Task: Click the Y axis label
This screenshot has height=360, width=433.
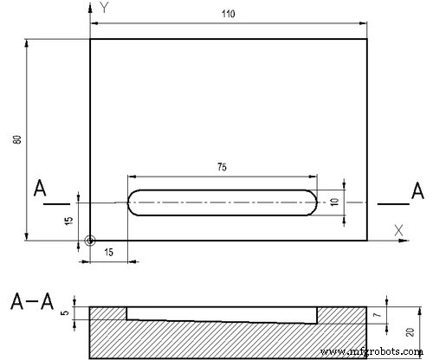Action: [x=104, y=8]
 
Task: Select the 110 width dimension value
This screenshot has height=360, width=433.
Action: [x=229, y=15]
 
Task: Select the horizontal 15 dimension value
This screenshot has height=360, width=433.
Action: [x=108, y=252]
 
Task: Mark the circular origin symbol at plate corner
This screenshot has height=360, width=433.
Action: [x=90, y=241]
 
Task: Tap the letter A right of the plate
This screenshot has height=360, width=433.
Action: [x=417, y=190]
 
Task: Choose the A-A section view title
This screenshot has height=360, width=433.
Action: [x=32, y=302]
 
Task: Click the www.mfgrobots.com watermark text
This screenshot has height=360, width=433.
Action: [x=373, y=353]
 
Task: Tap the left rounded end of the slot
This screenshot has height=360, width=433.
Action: [x=134, y=202]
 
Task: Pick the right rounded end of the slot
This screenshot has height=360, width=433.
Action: [x=310, y=202]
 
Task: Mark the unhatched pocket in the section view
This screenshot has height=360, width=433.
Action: [x=221, y=313]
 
